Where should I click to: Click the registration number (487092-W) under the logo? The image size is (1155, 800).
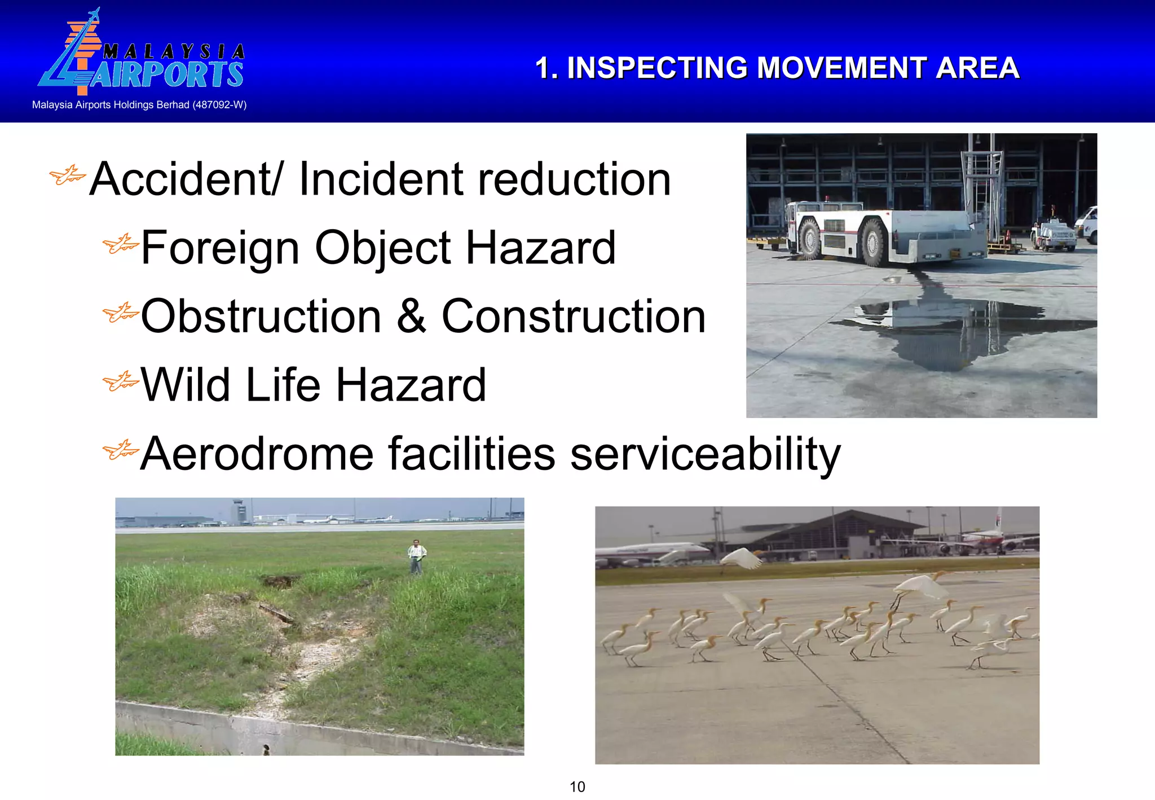(x=219, y=105)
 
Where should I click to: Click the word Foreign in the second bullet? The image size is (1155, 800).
(x=220, y=248)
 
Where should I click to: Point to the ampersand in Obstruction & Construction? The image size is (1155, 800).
(x=411, y=317)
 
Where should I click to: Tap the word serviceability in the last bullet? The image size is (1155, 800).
(x=705, y=455)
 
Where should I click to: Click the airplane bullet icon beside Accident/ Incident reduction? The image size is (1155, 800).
(x=67, y=175)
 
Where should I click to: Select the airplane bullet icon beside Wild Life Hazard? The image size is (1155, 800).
(x=120, y=382)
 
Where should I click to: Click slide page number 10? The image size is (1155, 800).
(x=577, y=786)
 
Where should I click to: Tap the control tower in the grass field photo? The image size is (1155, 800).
(x=239, y=511)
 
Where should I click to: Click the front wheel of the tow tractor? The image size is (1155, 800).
(x=810, y=239)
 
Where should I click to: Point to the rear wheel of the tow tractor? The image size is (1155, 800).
(x=874, y=243)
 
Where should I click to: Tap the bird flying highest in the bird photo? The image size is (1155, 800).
(x=741, y=559)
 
